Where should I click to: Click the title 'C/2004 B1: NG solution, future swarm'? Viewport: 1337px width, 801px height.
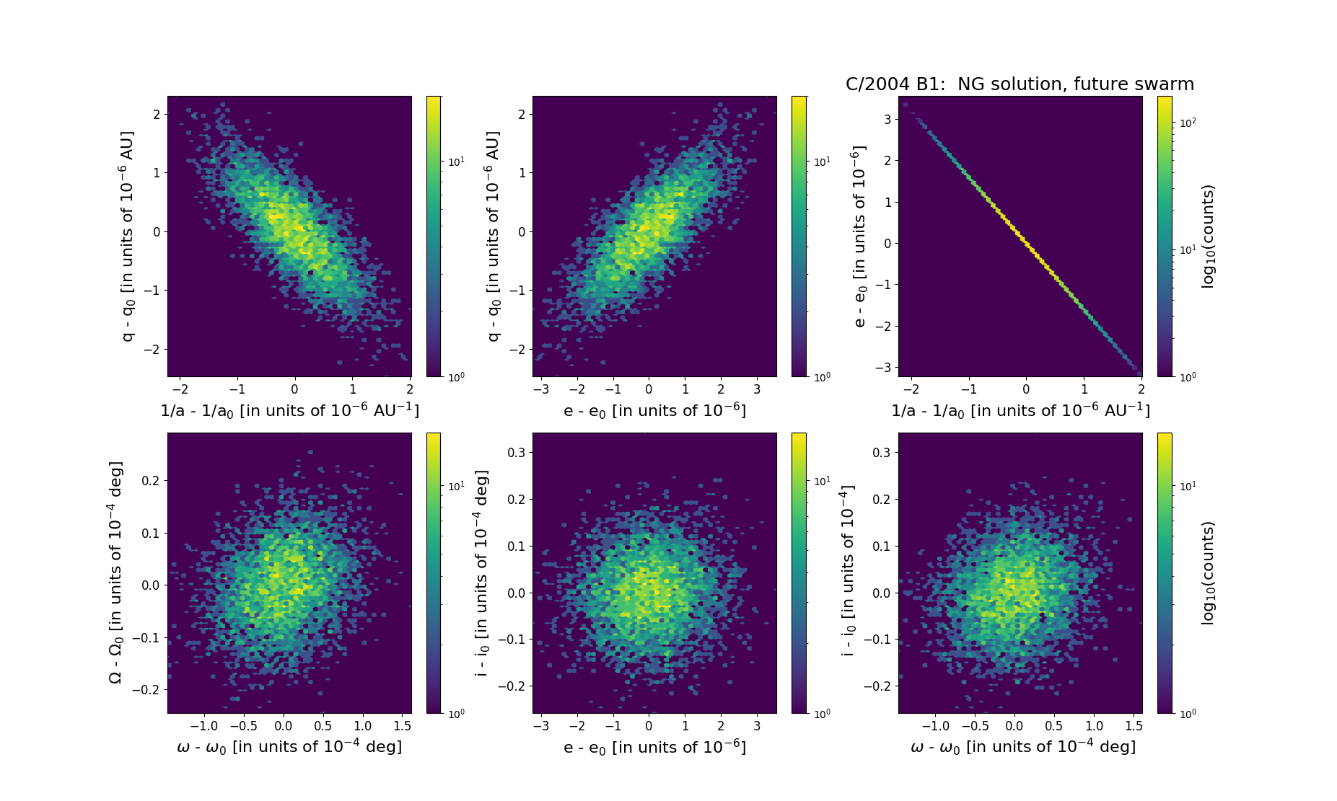[x=1020, y=84]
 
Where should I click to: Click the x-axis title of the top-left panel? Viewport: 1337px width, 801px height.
[x=289, y=410]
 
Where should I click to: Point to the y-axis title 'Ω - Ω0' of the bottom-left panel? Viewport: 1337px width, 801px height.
[x=115, y=572]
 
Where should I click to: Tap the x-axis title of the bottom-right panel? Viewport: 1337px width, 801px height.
[x=1023, y=747]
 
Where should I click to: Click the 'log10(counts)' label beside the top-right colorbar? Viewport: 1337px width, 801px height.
[x=1208, y=236]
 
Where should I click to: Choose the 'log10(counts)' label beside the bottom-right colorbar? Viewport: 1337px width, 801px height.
[x=1208, y=573]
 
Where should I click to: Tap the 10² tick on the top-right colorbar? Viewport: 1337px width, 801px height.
[x=1188, y=123]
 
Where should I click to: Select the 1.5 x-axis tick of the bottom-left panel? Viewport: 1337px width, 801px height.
[x=403, y=726]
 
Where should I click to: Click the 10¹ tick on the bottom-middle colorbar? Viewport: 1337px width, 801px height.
[x=822, y=481]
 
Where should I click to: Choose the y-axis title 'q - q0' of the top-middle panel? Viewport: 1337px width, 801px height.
[x=494, y=236]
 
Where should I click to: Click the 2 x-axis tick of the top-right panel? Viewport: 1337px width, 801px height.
[x=1141, y=389]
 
